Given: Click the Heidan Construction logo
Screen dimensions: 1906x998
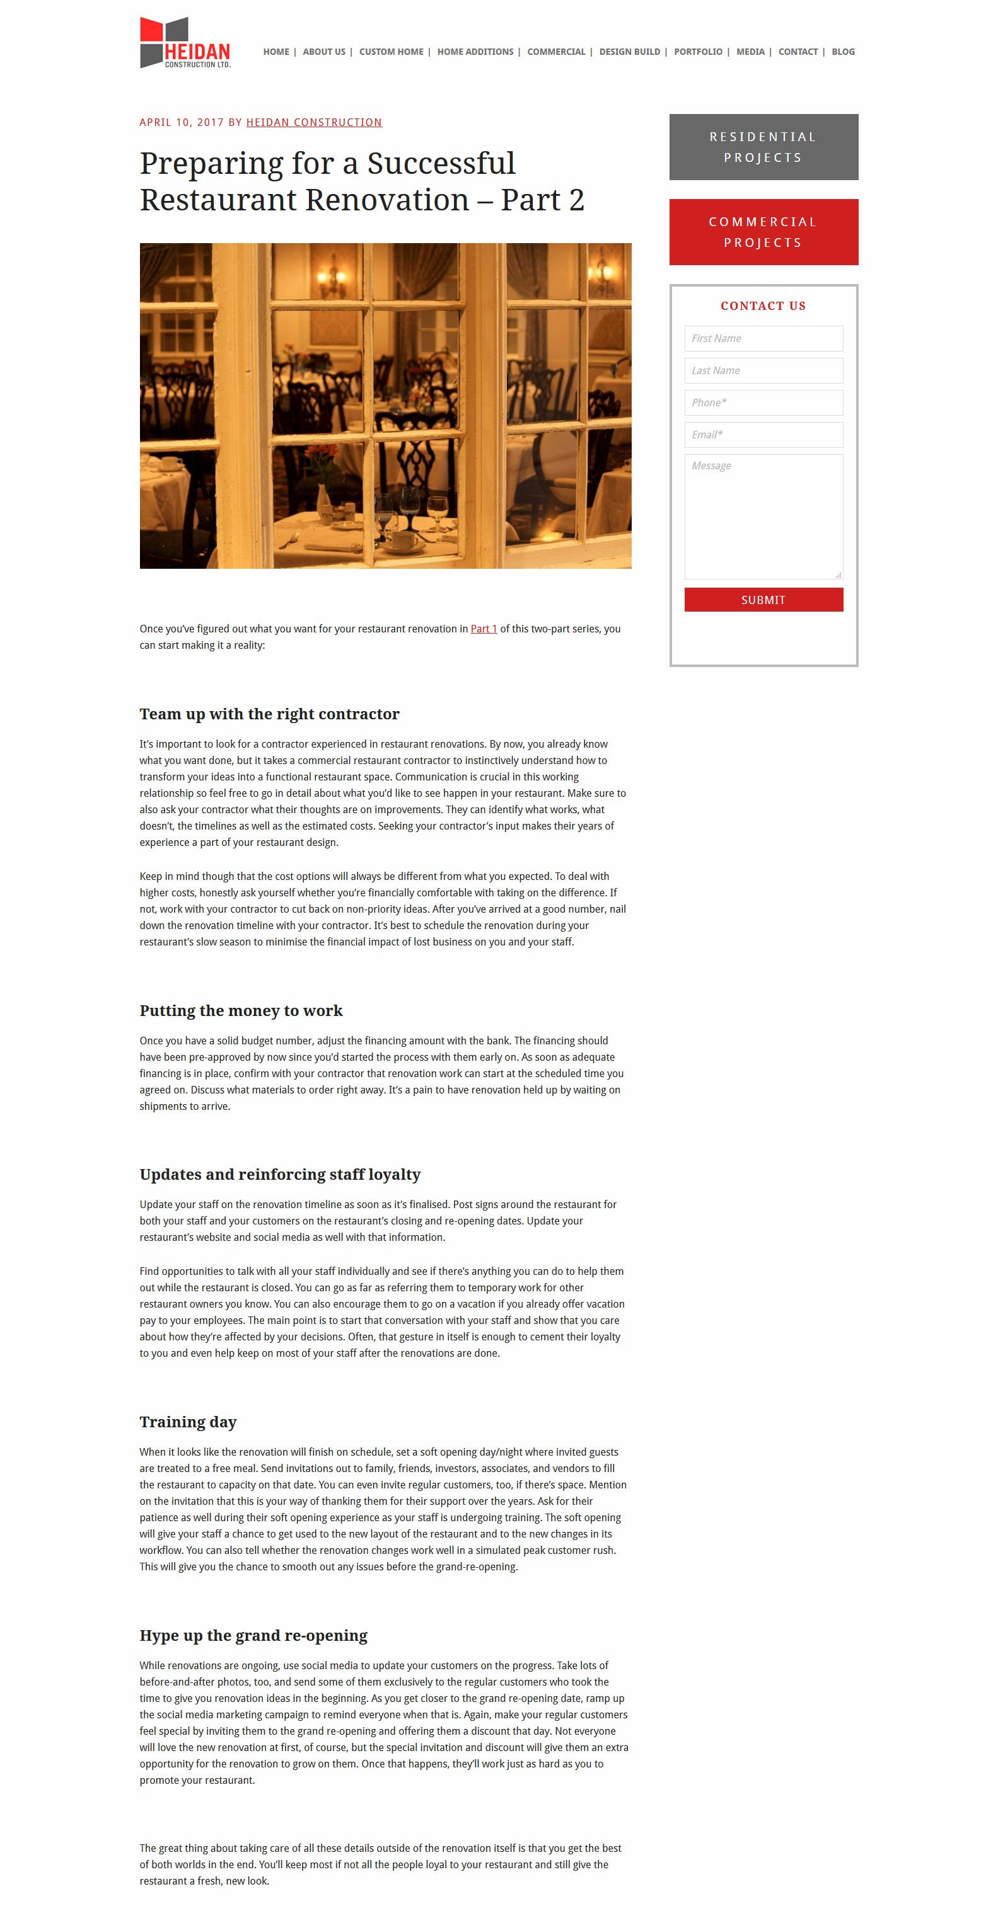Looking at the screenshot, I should pyautogui.click(x=185, y=43).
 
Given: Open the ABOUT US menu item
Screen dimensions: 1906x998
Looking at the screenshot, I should pyautogui.click(x=323, y=52).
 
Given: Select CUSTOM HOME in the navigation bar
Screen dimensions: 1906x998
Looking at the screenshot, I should pyautogui.click(x=391, y=52).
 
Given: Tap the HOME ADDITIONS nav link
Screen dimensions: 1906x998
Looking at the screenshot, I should pyautogui.click(x=475, y=52).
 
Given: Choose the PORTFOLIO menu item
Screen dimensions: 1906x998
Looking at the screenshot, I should pyautogui.click(x=697, y=52).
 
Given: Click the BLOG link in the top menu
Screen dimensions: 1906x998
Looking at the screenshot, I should pyautogui.click(x=842, y=52).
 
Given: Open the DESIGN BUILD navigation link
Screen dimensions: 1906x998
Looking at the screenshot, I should pyautogui.click(x=629, y=52).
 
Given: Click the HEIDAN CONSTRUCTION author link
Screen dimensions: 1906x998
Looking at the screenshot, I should pyautogui.click(x=314, y=122).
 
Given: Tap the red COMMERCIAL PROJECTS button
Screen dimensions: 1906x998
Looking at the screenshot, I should pyautogui.click(x=763, y=232).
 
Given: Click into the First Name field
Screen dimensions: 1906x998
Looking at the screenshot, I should pyautogui.click(x=763, y=338).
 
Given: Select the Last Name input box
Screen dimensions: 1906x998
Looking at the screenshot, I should pyautogui.click(x=763, y=371).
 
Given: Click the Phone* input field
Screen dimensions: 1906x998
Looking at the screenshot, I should pyautogui.click(x=763, y=402).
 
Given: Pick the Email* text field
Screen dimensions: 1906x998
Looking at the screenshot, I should pyautogui.click(x=763, y=435).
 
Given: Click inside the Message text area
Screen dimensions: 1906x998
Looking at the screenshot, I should pyautogui.click(x=763, y=516).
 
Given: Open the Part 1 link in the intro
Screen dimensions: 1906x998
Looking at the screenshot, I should pyautogui.click(x=484, y=629).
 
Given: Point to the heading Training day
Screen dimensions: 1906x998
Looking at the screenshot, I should pyautogui.click(x=188, y=1422).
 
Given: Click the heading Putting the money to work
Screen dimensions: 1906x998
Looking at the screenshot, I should pyautogui.click(x=241, y=1011).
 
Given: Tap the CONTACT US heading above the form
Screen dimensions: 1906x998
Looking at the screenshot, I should pyautogui.click(x=763, y=305).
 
